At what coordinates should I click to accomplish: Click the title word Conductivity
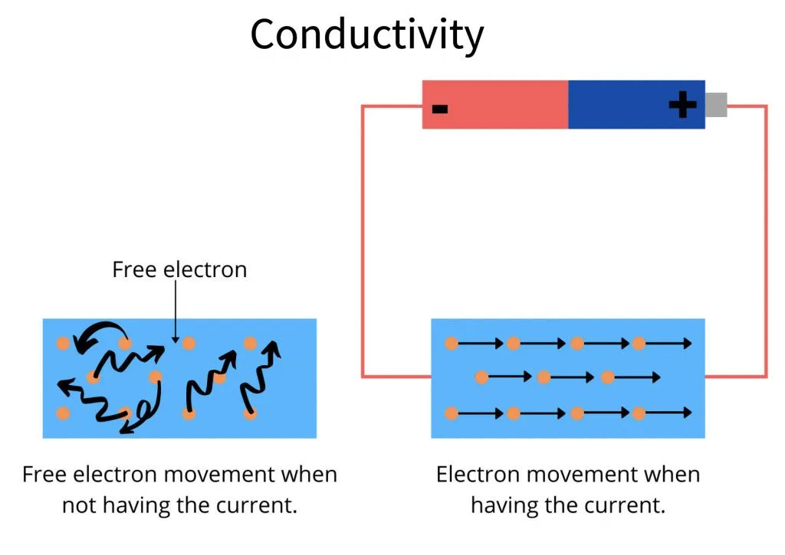click(x=366, y=34)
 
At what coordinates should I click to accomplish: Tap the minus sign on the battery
click(x=439, y=108)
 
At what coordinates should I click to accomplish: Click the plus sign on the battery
click(x=682, y=105)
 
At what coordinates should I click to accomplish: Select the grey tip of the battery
click(x=715, y=105)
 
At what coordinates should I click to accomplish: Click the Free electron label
click(x=179, y=269)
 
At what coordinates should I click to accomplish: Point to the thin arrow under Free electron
click(x=176, y=314)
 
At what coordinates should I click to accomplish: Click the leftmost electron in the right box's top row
click(x=452, y=344)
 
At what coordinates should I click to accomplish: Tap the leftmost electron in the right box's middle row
click(x=481, y=377)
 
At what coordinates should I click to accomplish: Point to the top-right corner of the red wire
click(x=765, y=106)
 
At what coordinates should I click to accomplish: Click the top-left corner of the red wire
click(x=363, y=106)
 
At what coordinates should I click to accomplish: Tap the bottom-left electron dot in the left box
click(x=63, y=413)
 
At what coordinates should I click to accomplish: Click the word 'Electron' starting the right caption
click(x=477, y=474)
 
